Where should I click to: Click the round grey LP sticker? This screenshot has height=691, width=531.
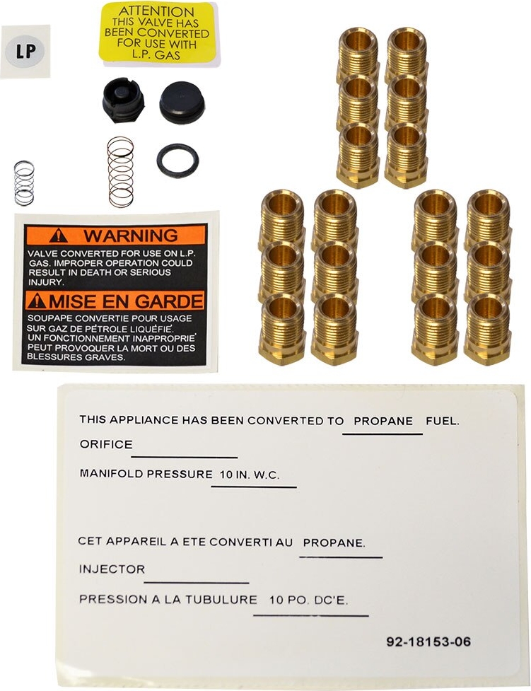[25, 52]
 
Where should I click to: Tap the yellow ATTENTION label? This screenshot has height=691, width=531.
[156, 33]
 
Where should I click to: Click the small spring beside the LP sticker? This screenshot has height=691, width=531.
[24, 182]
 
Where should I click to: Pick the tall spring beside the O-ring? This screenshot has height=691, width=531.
[121, 172]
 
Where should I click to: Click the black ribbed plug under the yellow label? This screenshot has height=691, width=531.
[123, 100]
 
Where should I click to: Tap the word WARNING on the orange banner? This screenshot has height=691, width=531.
[131, 236]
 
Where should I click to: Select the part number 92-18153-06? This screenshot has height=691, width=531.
[428, 642]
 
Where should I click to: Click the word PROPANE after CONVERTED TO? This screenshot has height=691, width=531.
[383, 421]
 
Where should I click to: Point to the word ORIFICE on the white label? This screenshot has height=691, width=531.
[106, 445]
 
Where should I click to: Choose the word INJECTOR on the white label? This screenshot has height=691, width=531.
[112, 569]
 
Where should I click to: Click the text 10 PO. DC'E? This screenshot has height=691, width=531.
[309, 600]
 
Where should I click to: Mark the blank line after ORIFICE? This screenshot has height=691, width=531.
[185, 456]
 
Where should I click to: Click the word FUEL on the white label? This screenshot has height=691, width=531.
[443, 421]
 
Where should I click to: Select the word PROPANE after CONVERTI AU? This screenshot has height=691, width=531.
[334, 543]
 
